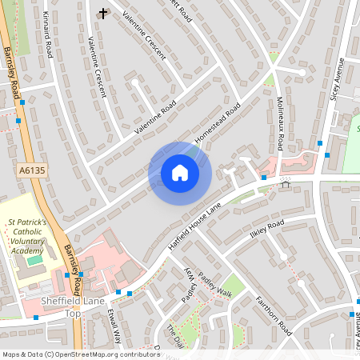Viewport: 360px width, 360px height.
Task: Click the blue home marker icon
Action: pos(180,173)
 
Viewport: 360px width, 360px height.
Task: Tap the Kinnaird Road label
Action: pos(49,36)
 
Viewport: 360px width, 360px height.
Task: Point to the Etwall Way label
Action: pos(113,328)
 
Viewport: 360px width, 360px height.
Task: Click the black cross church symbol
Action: pos(102,14)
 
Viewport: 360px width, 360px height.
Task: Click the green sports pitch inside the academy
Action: pos(34,260)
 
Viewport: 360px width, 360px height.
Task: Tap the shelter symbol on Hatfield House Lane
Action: pos(286,183)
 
